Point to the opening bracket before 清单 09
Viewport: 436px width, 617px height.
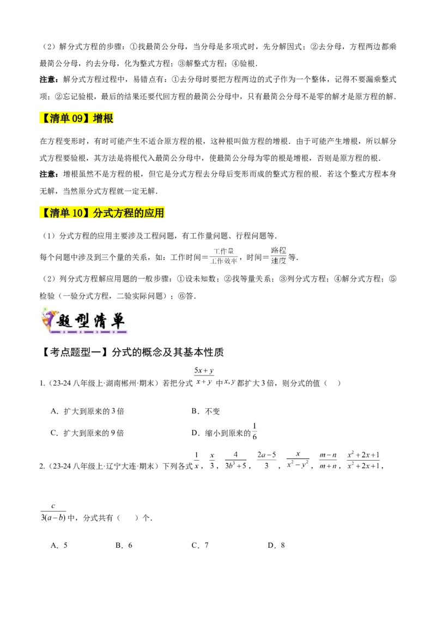tap(44, 118)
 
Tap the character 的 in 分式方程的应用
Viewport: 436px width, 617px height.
tap(140, 213)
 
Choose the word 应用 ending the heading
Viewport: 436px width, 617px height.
tap(154, 213)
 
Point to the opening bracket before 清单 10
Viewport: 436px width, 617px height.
tap(44, 213)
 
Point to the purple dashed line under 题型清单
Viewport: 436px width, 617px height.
tap(90, 332)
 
